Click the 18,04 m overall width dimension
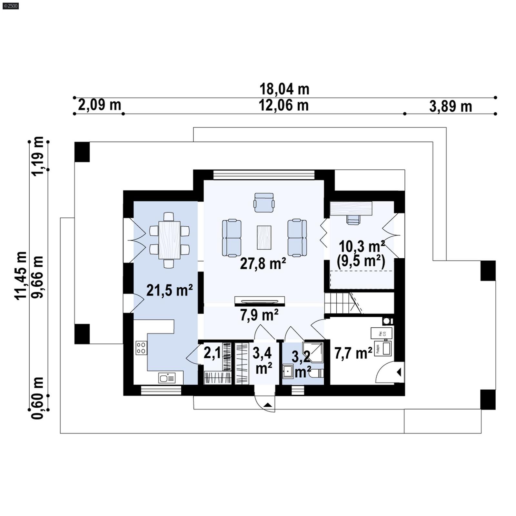284,89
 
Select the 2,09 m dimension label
99,105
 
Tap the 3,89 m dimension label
451,106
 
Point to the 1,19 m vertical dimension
38,156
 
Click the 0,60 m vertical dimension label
38,398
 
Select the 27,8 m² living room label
263,264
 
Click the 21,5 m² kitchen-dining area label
169,290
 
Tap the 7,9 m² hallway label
259,315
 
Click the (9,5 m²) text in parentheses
361,261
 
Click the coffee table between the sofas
264,237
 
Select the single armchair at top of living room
264,203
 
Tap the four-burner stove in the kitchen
141,348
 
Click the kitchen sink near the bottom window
167,378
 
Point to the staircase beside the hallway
342,303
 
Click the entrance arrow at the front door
267,405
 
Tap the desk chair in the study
353,220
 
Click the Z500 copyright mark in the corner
10,5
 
